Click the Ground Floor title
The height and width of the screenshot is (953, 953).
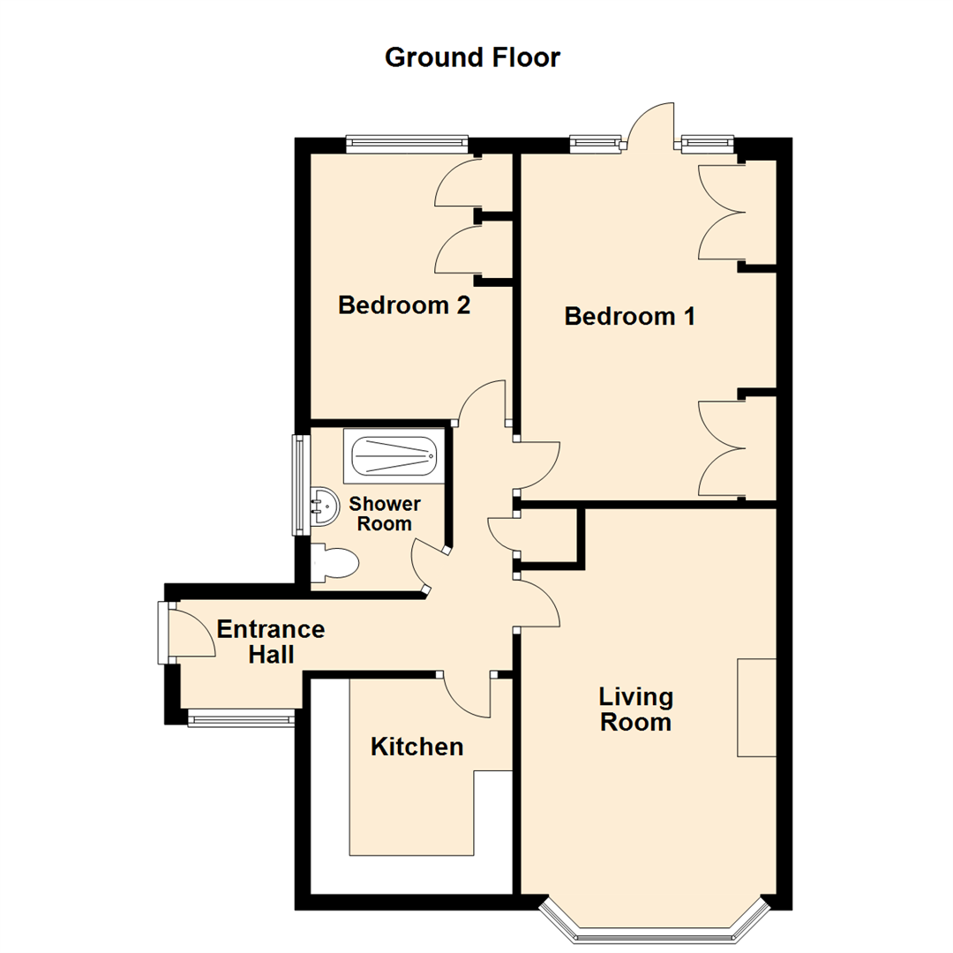tap(472, 57)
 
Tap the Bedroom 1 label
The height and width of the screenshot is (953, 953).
tap(630, 316)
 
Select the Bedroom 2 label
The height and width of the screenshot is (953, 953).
tap(404, 306)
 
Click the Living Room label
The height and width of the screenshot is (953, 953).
tap(635, 709)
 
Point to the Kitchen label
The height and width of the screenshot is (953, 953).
tap(416, 747)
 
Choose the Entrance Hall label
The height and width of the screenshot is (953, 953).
tap(271, 642)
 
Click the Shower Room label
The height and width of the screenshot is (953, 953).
tap(385, 514)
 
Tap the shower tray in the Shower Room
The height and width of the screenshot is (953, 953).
tap(394, 457)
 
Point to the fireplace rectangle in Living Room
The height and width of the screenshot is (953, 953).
tap(756, 707)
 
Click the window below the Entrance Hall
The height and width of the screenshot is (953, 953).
tap(241, 719)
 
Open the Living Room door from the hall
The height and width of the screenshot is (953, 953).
tap(538, 604)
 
